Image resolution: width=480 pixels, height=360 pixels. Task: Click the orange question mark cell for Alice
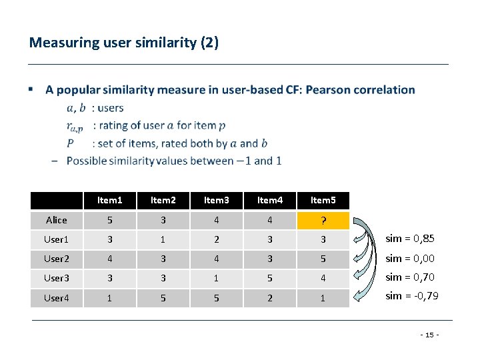323,221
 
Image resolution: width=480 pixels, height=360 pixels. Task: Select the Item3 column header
216,200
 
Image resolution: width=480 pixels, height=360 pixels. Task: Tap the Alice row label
57,221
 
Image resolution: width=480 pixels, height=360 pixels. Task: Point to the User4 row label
57,298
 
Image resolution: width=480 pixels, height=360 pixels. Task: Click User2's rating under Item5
323,259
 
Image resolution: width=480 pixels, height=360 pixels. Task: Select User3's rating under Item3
216,278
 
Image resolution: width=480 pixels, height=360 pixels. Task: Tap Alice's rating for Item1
110,221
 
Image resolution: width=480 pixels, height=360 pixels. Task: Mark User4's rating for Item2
163,298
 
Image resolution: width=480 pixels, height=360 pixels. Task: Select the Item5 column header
323,200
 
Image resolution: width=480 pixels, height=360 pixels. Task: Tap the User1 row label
57,239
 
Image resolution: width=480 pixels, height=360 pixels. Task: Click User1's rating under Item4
269,239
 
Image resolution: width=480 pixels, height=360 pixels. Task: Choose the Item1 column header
110,200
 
